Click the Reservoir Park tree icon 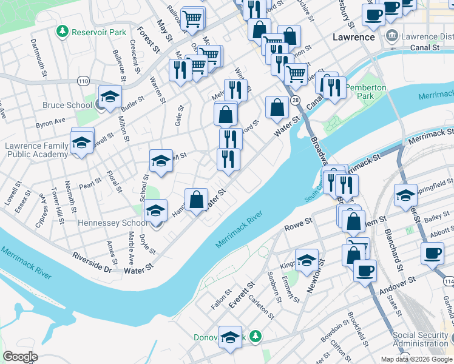pyautogui.click(x=62, y=31)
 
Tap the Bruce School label pyautogui.click(x=67, y=105)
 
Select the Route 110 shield pyautogui.click(x=83, y=81)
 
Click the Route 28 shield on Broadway pyautogui.click(x=295, y=99)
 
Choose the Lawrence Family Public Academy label pyautogui.click(x=36, y=150)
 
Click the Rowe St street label pyautogui.click(x=298, y=227)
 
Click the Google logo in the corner pyautogui.click(x=20, y=357)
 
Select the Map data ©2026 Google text pyautogui.click(x=416, y=359)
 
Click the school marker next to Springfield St pyautogui.click(x=405, y=195)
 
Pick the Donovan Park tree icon pyautogui.click(x=256, y=336)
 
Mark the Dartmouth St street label pyautogui.click(x=39, y=58)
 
